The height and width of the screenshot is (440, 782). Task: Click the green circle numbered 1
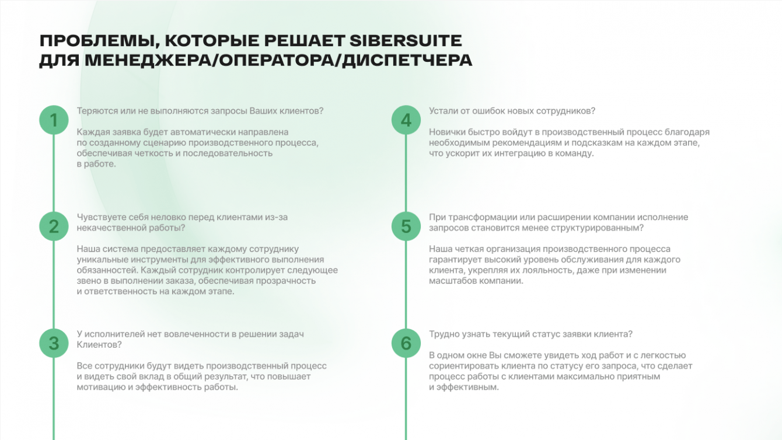pos(54,120)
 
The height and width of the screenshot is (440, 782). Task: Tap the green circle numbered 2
pos(54,226)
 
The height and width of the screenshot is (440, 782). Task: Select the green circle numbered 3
pos(54,343)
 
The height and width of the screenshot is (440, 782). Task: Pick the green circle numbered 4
pos(406,120)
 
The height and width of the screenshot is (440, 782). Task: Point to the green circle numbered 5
pos(406,226)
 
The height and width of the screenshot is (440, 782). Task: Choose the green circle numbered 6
pos(406,343)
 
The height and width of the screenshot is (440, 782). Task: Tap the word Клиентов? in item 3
pos(99,345)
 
